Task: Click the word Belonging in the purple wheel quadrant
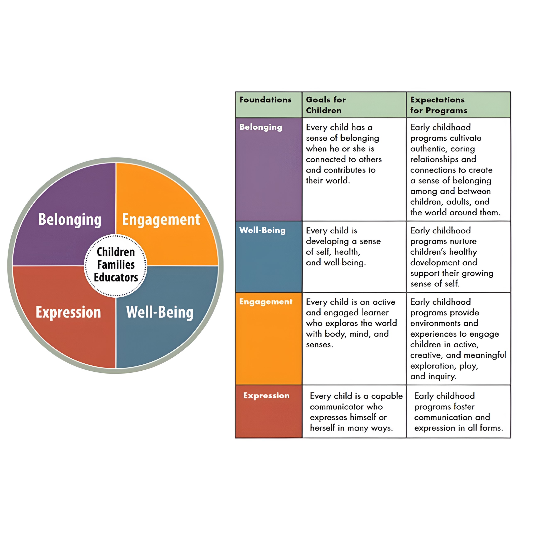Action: tap(70, 220)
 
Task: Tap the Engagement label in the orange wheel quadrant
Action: tap(161, 220)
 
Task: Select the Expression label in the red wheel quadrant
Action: tap(68, 312)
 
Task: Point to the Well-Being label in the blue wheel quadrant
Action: tap(160, 312)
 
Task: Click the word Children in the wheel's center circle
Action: tap(116, 252)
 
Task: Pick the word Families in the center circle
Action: tap(116, 265)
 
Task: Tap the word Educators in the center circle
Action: tap(116, 277)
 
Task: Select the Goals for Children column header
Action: tap(326, 105)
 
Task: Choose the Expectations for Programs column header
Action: tap(438, 105)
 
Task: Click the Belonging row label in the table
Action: tap(261, 127)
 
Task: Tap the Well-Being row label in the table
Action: tap(262, 230)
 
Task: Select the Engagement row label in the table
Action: tap(266, 302)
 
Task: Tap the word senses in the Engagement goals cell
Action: tap(319, 344)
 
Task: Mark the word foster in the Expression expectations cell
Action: tap(464, 407)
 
